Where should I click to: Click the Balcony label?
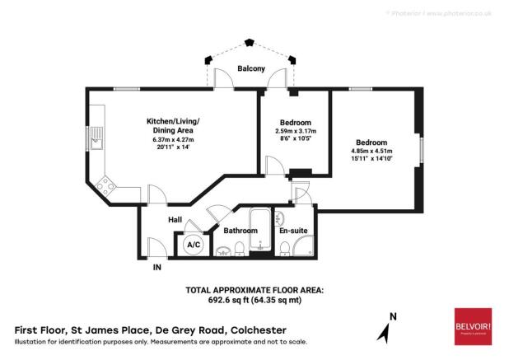(x=251, y=69)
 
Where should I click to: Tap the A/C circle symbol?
(x=194, y=245)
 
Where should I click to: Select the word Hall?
(x=175, y=220)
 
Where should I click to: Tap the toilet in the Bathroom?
(x=239, y=250)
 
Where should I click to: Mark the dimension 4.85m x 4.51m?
(x=372, y=151)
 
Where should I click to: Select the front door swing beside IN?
(x=154, y=245)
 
